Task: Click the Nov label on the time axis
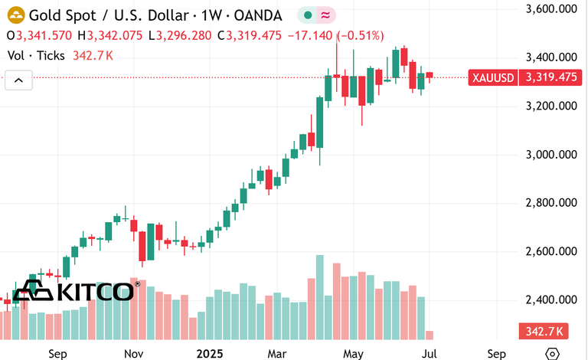click(135, 354)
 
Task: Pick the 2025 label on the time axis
click(209, 354)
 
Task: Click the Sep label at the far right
click(496, 354)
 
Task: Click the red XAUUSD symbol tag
click(493, 77)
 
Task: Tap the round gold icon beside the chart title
click(15, 15)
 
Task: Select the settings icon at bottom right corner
click(551, 354)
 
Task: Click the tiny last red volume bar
click(429, 335)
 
